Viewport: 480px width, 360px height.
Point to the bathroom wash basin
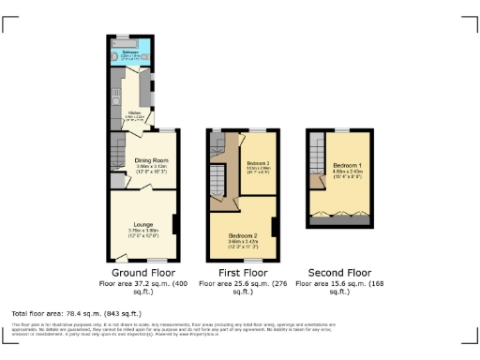tap(114, 54)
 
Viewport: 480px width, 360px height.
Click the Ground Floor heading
tap(139, 272)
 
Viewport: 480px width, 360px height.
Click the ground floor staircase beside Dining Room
tap(117, 148)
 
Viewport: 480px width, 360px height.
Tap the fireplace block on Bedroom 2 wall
tap(276, 226)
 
